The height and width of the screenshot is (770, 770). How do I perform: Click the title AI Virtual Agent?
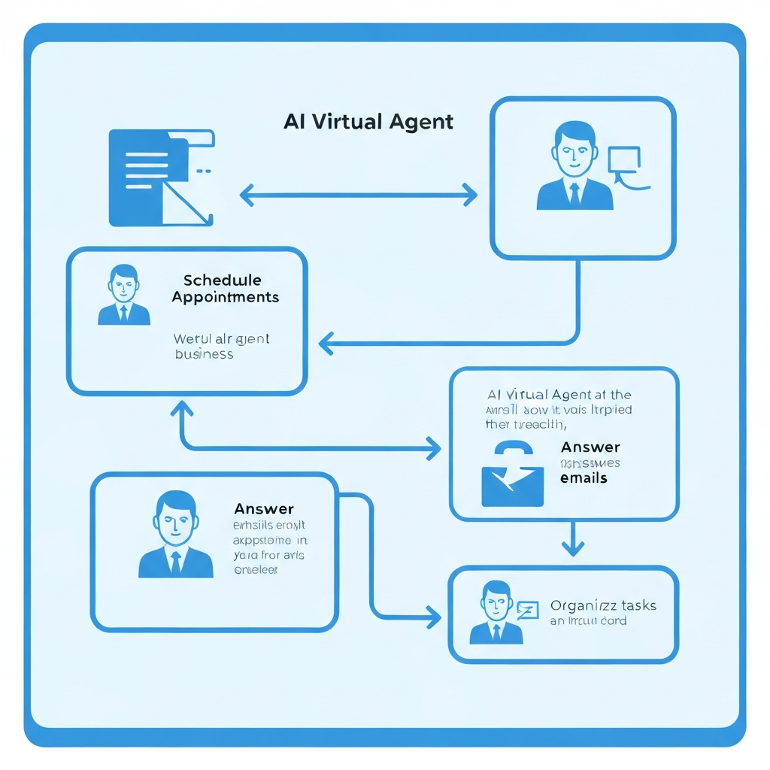point(368,122)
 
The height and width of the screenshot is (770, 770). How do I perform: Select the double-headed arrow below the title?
point(359,196)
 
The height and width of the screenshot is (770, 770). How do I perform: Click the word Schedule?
point(223,280)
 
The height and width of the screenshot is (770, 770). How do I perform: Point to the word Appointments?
point(225,297)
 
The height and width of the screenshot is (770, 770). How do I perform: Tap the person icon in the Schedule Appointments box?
point(123,295)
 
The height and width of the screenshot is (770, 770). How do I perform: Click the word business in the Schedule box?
point(204,353)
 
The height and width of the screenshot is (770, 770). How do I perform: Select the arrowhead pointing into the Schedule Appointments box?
point(326,345)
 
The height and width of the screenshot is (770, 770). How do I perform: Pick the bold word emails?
point(584,478)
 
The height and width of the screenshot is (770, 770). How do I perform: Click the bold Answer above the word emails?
point(591,448)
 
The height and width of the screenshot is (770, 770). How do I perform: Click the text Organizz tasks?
point(603,605)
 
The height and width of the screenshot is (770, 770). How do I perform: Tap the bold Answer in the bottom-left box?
point(264,510)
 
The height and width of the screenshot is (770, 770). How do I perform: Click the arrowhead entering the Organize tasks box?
point(433,618)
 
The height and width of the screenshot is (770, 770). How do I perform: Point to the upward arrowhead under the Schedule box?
point(182,409)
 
